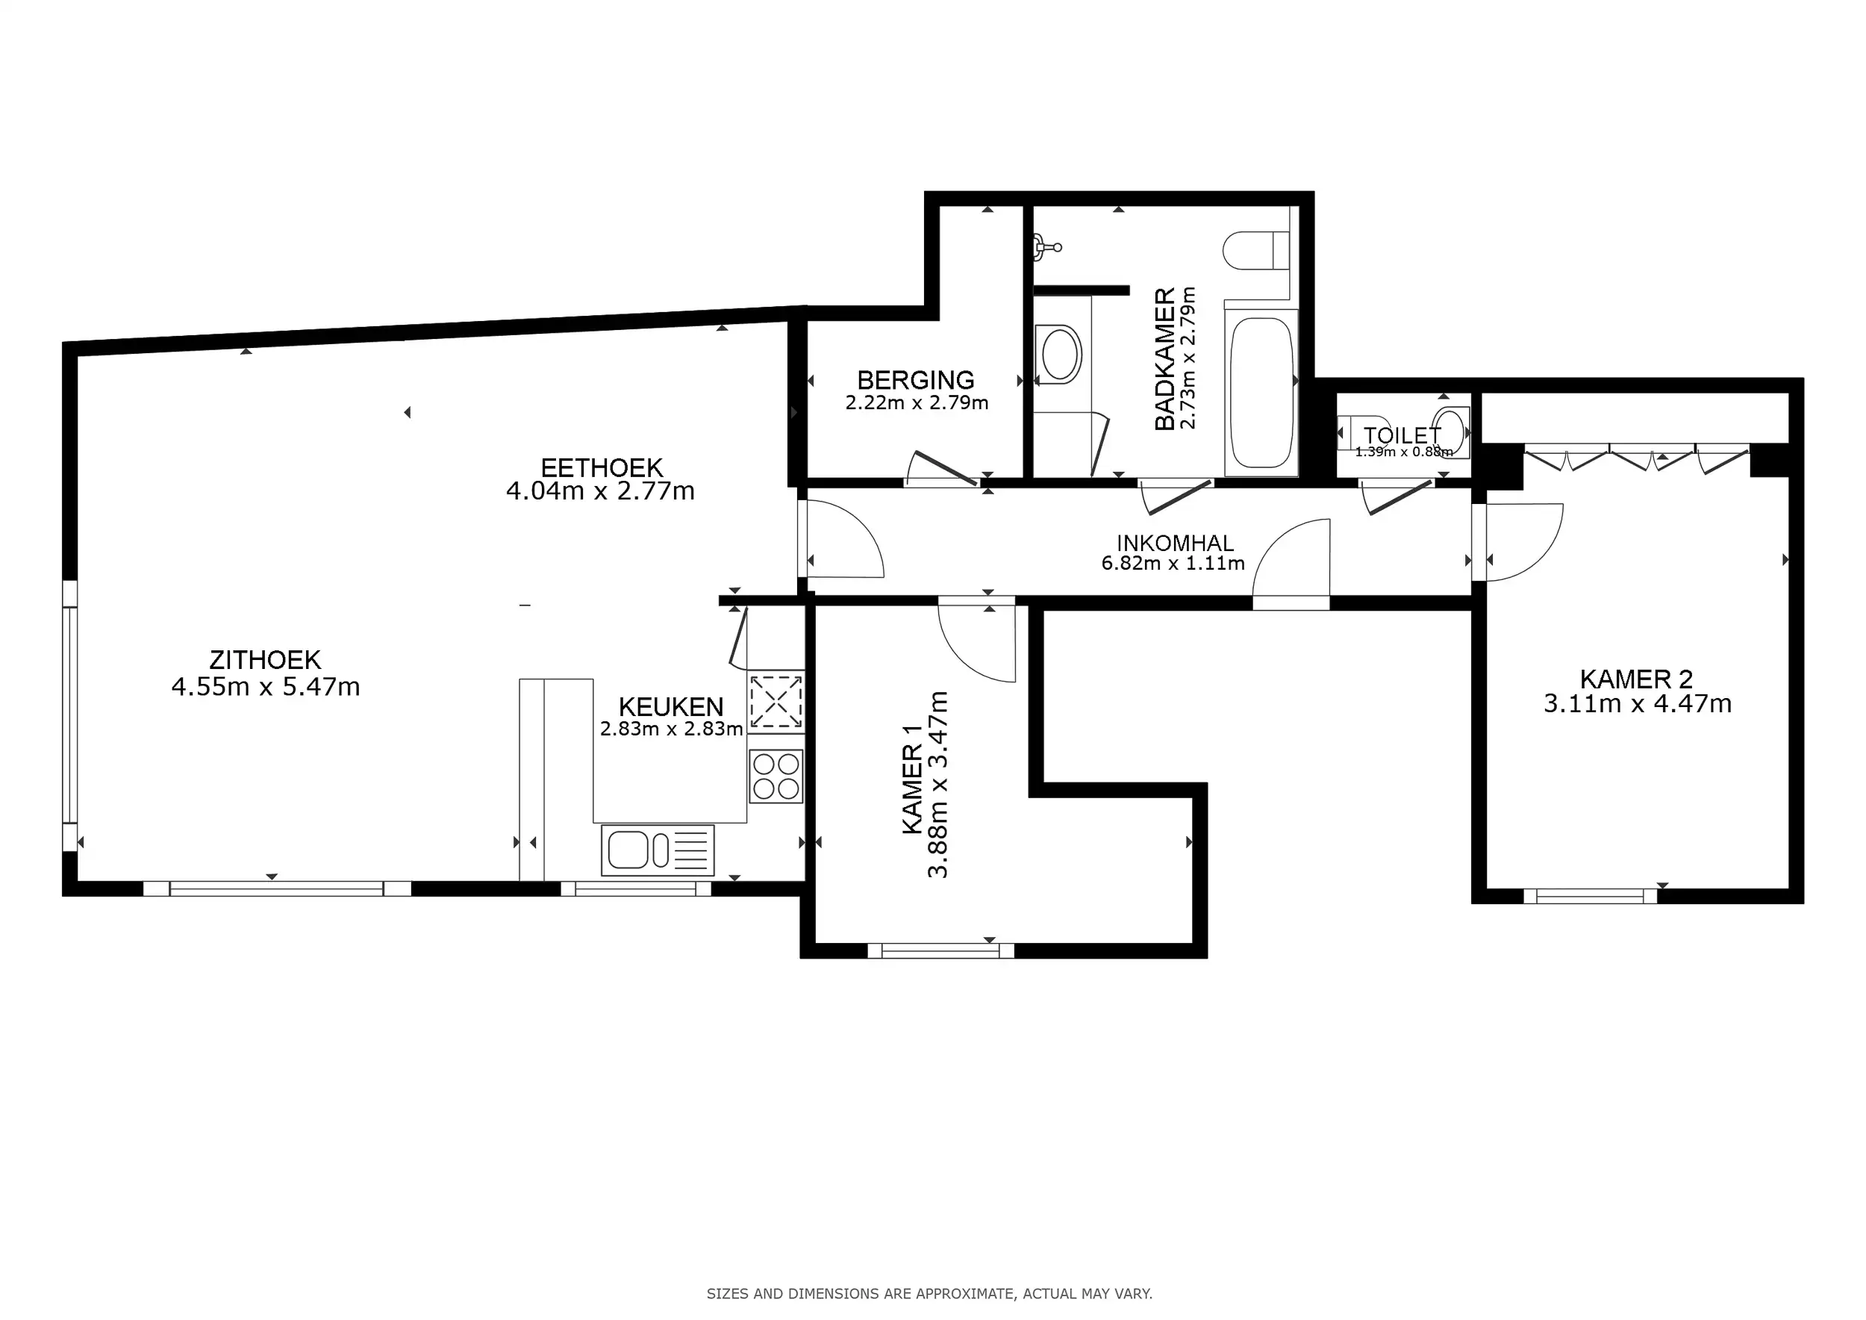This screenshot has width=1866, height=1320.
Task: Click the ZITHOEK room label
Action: coord(265,659)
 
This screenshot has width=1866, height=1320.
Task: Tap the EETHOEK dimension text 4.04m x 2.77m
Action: coord(600,491)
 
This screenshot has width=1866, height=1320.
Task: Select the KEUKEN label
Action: coord(670,706)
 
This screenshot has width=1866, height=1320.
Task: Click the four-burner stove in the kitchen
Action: coord(776,776)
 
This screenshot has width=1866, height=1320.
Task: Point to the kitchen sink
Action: coord(658,850)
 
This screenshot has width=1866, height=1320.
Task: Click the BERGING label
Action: coord(916,379)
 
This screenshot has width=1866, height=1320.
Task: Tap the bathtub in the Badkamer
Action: coord(1261,393)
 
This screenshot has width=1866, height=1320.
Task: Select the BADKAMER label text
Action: coord(1164,358)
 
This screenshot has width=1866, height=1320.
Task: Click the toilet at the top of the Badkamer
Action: coord(1255,250)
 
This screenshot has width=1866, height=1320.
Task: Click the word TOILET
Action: coord(1402,436)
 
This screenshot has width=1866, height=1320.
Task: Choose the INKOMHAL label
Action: coord(1174,542)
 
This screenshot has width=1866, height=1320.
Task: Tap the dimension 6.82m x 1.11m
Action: coord(1173,563)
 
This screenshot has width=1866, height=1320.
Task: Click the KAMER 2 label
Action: coord(1636,679)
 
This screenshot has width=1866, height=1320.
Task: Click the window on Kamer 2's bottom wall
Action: coord(1590,896)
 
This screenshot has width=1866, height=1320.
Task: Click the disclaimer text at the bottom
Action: coord(929,1293)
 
